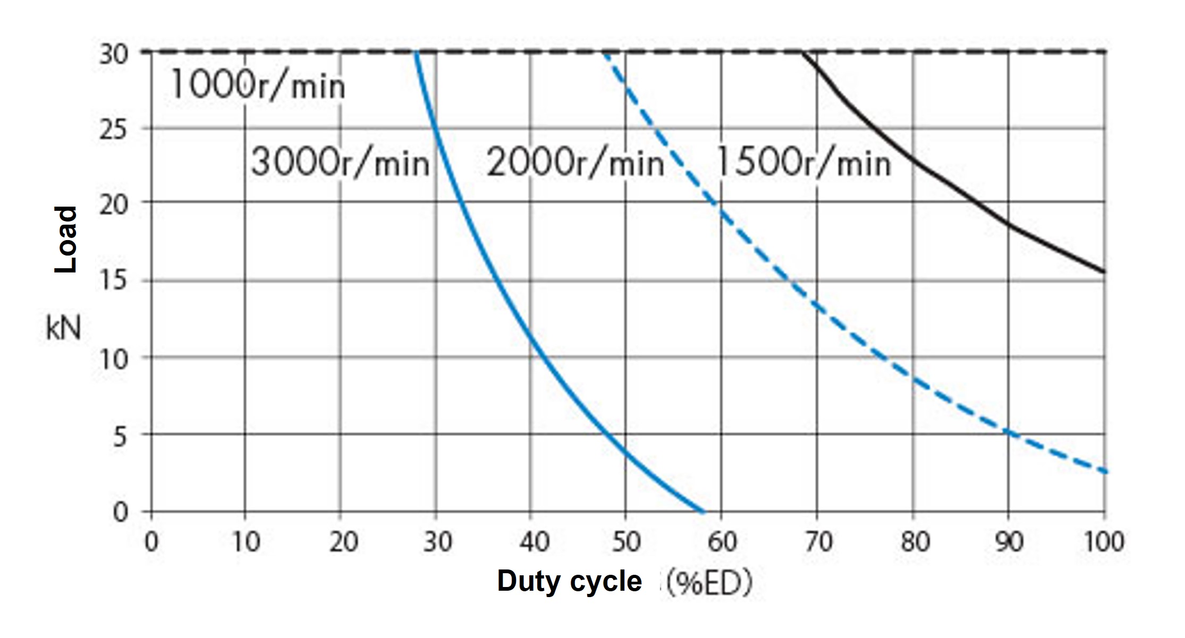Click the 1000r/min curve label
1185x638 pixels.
pyautogui.click(x=258, y=85)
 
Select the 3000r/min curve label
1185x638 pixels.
pyautogui.click(x=340, y=162)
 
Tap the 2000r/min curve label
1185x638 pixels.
pyautogui.click(x=575, y=162)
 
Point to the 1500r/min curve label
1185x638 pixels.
pyautogui.click(x=803, y=162)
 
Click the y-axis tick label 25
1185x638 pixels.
pyautogui.click(x=113, y=129)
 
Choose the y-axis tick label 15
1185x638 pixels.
pyautogui.click(x=113, y=280)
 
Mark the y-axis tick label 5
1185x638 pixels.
pyautogui.click(x=120, y=437)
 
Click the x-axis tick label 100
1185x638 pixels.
pyautogui.click(x=1104, y=542)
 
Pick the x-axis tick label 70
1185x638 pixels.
pyautogui.click(x=818, y=542)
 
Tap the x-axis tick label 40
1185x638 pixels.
pyautogui.click(x=533, y=542)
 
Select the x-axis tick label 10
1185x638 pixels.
pyautogui.click(x=246, y=542)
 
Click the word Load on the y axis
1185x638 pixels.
pyautogui.click(x=66, y=239)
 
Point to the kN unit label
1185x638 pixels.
pyautogui.click(x=63, y=328)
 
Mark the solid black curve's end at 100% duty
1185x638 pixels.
pyautogui.click(x=1104, y=272)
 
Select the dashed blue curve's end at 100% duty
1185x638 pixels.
pyautogui.click(x=1105, y=471)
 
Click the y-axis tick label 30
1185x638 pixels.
pyautogui.click(x=113, y=54)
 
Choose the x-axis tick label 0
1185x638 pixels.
pyautogui.click(x=151, y=542)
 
